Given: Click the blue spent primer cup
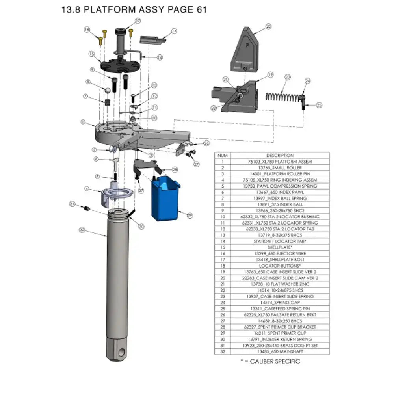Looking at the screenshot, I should pyautogui.click(x=165, y=199).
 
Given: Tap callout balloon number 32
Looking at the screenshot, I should pyautogui.click(x=82, y=229).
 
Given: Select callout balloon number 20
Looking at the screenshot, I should pyautogui.click(x=268, y=26).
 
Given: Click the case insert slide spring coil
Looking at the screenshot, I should pyautogui.click(x=282, y=97).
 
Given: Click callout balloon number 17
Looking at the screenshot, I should pyautogui.click(x=138, y=20).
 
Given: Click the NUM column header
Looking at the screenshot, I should pyautogui.click(x=223, y=155).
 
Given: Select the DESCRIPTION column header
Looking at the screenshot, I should pyautogui.click(x=280, y=155).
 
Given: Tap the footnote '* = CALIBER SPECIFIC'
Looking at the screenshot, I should pyautogui.click(x=270, y=361).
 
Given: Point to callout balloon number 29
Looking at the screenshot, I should pyautogui.click(x=190, y=216).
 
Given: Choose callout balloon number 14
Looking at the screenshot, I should pyautogui.click(x=174, y=31).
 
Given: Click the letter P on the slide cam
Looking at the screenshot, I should pyautogui.click(x=247, y=44).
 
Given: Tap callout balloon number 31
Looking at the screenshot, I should pyautogui.click(x=72, y=204).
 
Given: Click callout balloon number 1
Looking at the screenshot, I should pyautogui.click(x=83, y=122).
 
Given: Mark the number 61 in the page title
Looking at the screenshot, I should pyautogui.click(x=199, y=10).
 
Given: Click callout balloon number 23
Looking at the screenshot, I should pyautogui.click(x=288, y=77).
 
